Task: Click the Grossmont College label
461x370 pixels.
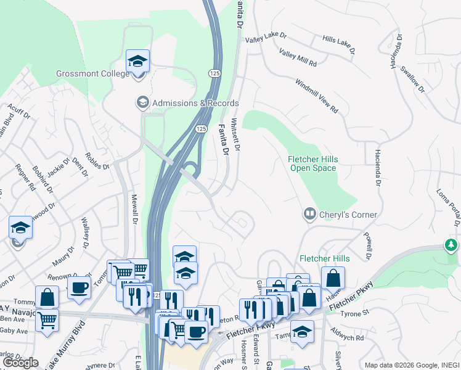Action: coord(93,73)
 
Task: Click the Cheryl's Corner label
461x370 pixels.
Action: coord(348,215)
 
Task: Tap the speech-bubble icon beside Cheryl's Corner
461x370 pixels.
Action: coord(309,215)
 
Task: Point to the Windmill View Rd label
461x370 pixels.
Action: coord(317,96)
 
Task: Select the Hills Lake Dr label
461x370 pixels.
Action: coord(339,46)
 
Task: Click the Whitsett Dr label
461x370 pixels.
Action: coord(235,134)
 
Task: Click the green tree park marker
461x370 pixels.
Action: coord(452,245)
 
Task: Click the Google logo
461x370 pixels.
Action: coord(20,363)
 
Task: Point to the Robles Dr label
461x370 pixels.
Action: coord(97,161)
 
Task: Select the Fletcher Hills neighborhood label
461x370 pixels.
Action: coord(324,258)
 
